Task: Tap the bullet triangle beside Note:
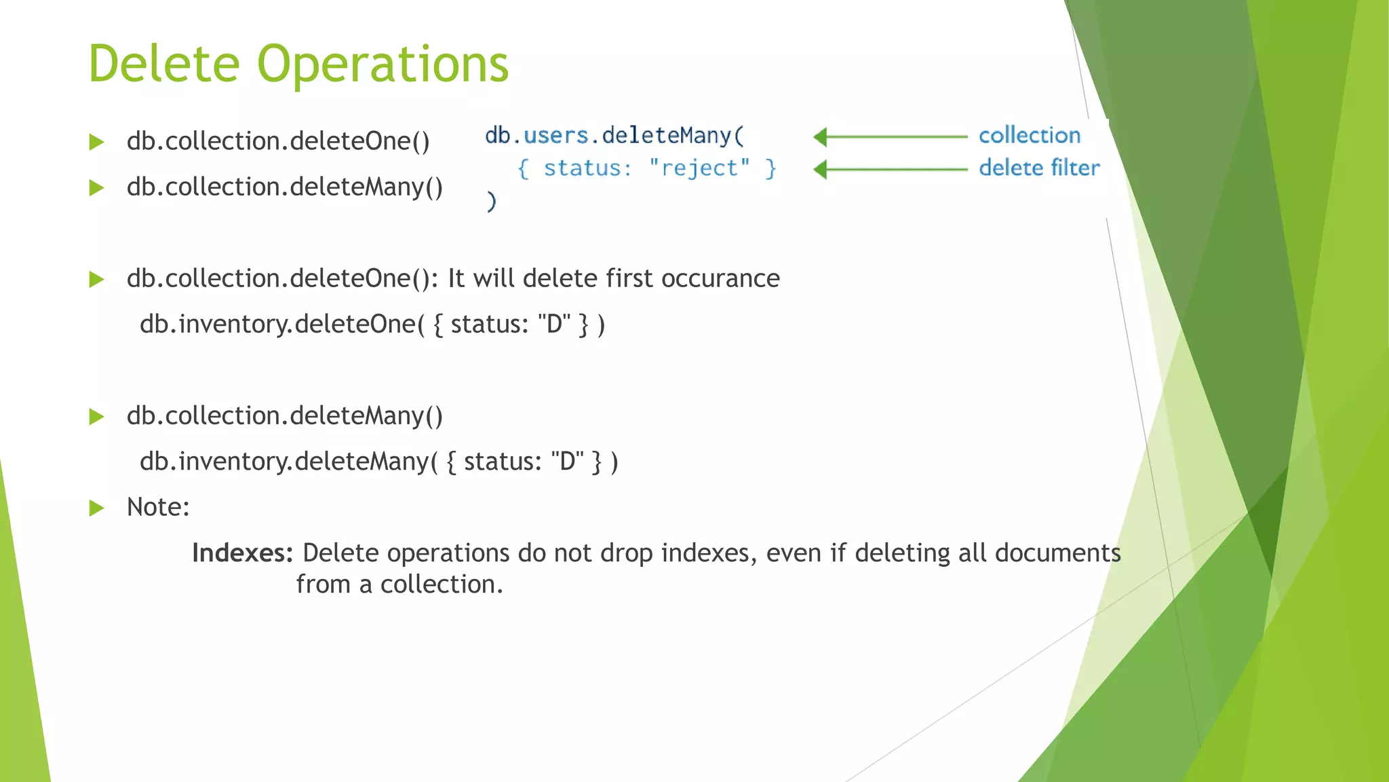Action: pyautogui.click(x=96, y=508)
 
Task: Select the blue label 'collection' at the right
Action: pyautogui.click(x=1029, y=136)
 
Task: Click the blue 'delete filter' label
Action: pyautogui.click(x=1038, y=168)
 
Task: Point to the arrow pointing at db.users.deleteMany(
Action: pyautogui.click(x=890, y=137)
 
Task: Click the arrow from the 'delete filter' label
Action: pyautogui.click(x=890, y=169)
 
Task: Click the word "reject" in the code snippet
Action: pyautogui.click(x=699, y=168)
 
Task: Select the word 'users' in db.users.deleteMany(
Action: pyautogui.click(x=555, y=135)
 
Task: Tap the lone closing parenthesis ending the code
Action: pyautogui.click(x=492, y=201)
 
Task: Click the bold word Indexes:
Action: pyautogui.click(x=242, y=553)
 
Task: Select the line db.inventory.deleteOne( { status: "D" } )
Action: pyautogui.click(x=372, y=324)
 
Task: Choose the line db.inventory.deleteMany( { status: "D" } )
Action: pyautogui.click(x=378, y=462)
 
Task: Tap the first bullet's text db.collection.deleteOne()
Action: pyautogui.click(x=278, y=141)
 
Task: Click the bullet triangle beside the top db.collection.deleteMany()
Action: pyautogui.click(x=96, y=187)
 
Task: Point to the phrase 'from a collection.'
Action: pyautogui.click(x=399, y=584)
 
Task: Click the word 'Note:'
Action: pyautogui.click(x=158, y=507)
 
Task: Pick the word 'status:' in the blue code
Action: pyautogui.click(x=587, y=168)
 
